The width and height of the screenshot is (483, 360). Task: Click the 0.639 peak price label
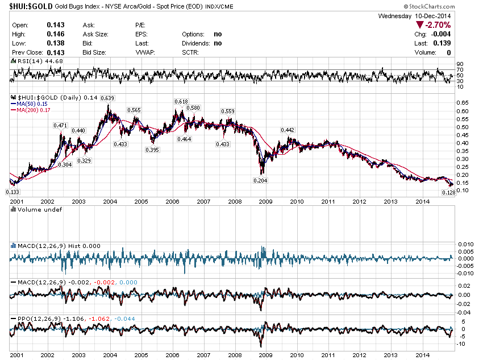107,98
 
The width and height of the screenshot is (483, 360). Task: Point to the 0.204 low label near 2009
260,180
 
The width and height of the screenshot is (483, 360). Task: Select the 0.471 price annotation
60,125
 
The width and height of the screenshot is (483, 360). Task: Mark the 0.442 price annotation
288,130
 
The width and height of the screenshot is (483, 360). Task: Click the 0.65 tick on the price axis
461,103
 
